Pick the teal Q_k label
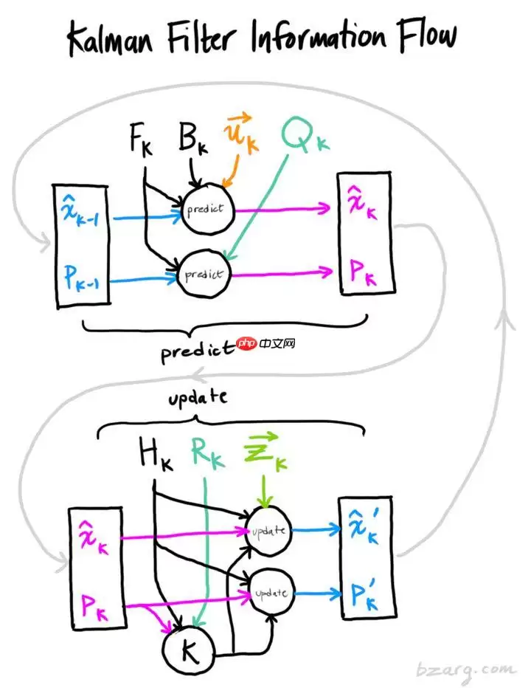click(x=303, y=137)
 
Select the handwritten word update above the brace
click(x=197, y=399)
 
